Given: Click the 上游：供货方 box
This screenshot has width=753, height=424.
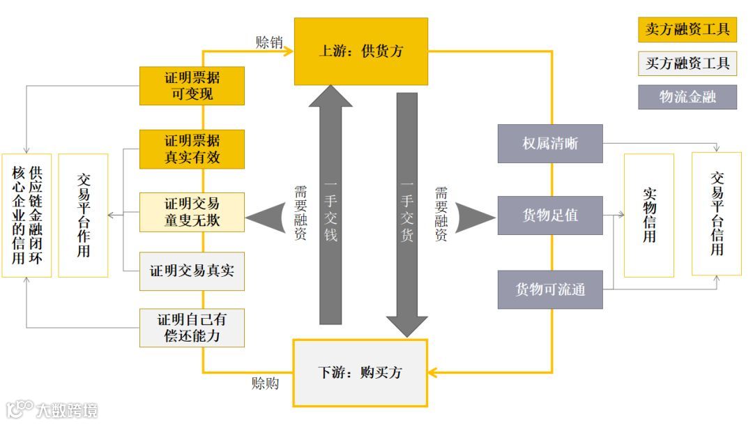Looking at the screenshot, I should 360,52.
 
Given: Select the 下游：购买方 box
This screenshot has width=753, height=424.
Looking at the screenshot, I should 360,372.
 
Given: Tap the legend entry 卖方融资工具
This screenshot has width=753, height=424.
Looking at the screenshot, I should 687,29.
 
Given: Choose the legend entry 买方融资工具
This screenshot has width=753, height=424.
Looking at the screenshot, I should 687,63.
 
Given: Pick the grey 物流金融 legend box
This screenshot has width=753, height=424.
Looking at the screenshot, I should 687,96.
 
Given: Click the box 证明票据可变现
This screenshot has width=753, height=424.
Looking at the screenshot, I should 192,86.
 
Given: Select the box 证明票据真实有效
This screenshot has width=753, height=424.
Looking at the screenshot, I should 192,149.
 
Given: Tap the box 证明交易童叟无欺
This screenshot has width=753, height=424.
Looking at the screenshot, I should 192,212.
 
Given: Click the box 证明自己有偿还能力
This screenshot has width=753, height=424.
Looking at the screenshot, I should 192,328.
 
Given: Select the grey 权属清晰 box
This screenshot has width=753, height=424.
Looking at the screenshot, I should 550,144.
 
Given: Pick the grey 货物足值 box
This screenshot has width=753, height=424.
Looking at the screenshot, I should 550,215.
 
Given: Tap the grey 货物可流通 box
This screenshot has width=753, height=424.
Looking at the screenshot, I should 550,289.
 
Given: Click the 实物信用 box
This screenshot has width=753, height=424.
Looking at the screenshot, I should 648,215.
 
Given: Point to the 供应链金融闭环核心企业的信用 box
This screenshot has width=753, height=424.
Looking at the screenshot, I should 26,215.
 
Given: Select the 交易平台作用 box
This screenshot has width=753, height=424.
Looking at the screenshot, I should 83,215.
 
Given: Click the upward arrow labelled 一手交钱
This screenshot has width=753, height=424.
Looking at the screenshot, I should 330,209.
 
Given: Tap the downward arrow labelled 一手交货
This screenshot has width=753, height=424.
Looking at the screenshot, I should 406,209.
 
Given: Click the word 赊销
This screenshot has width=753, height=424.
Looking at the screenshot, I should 269,42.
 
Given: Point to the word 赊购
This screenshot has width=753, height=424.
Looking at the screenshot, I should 265,384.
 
